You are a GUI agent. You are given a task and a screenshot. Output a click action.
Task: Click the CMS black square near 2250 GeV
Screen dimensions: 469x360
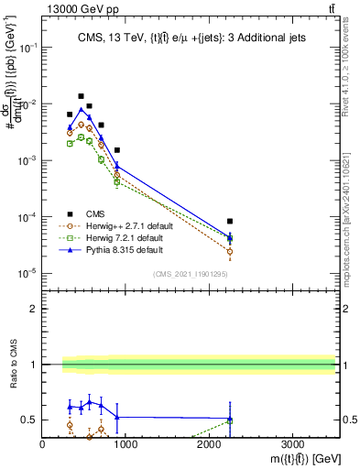pyautogui.click(x=230, y=222)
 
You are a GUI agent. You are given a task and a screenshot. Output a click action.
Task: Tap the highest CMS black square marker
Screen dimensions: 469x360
pyautogui.click(x=81, y=96)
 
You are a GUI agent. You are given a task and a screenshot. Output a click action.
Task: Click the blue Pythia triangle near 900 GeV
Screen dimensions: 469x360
pyautogui.click(x=117, y=165)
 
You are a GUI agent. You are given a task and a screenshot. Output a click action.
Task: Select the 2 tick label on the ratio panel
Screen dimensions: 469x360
pyautogui.click(x=33, y=309)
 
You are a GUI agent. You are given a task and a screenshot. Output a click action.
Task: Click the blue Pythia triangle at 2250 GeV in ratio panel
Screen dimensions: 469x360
pyautogui.click(x=230, y=420)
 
